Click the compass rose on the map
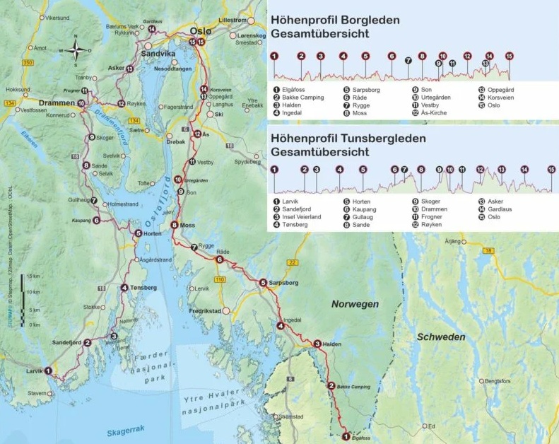pos(79,50)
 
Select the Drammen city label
pos(57,103)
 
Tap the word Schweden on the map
pos(440,337)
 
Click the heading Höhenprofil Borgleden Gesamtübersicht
pos(334,26)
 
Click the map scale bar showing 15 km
pos(23,299)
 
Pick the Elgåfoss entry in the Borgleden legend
pos(294,90)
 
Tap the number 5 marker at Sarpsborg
pos(263,284)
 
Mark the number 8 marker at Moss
pos(174,226)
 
